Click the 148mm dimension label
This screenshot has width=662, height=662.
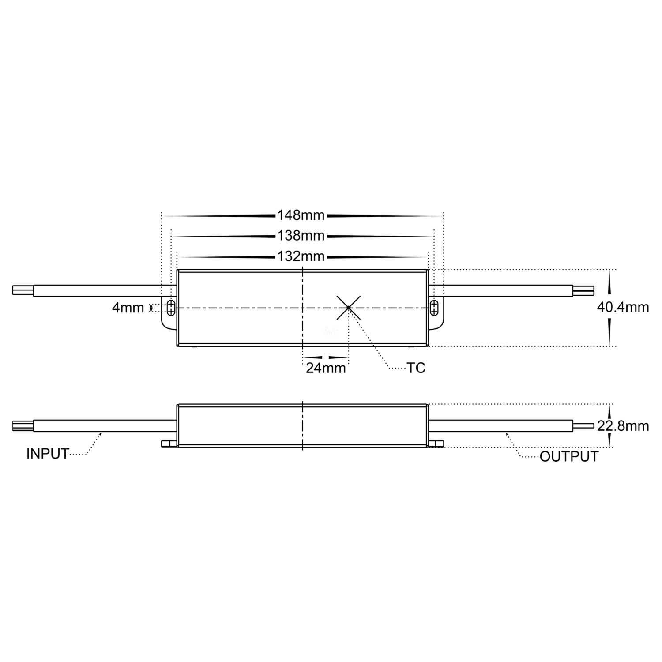pyautogui.click(x=301, y=215)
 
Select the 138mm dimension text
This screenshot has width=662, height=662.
pyautogui.click(x=301, y=236)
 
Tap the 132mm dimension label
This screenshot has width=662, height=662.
pyautogui.click(x=301, y=256)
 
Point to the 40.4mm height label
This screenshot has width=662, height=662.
pyautogui.click(x=623, y=307)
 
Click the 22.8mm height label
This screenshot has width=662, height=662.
pyautogui.click(x=623, y=426)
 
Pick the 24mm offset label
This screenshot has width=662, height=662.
pyautogui.click(x=326, y=368)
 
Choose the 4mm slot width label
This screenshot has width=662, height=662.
pyautogui.click(x=128, y=308)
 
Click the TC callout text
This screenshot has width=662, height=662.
pyautogui.click(x=416, y=368)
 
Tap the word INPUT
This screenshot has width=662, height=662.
pyautogui.click(x=48, y=454)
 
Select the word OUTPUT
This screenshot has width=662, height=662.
pyautogui.click(x=569, y=457)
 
